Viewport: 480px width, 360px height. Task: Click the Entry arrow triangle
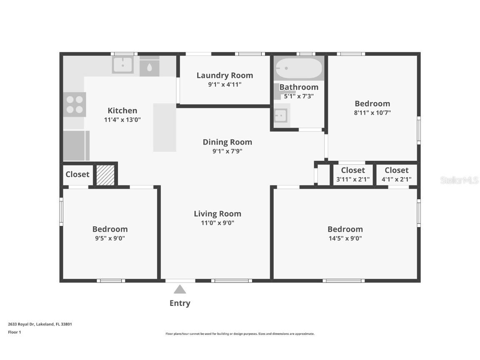[180, 289]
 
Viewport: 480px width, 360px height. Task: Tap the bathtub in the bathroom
[299, 68]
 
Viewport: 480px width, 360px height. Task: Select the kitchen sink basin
[122, 65]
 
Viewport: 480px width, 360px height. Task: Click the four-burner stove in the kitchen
[75, 105]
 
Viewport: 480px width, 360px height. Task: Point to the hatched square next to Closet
[105, 175]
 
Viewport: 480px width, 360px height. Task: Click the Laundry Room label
[225, 75]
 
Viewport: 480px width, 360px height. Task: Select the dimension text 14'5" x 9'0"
[345, 238]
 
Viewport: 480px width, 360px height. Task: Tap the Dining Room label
[227, 142]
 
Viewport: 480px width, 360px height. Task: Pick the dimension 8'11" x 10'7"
[372, 112]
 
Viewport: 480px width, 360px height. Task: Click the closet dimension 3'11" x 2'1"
[353, 179]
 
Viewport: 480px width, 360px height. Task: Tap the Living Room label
[217, 214]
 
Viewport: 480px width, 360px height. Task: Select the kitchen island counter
[165, 127]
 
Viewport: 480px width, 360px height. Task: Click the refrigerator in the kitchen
[76, 145]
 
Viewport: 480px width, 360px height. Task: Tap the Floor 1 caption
[14, 332]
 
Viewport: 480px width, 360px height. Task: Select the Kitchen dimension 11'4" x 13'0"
[122, 120]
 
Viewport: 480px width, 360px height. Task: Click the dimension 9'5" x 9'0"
[110, 238]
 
